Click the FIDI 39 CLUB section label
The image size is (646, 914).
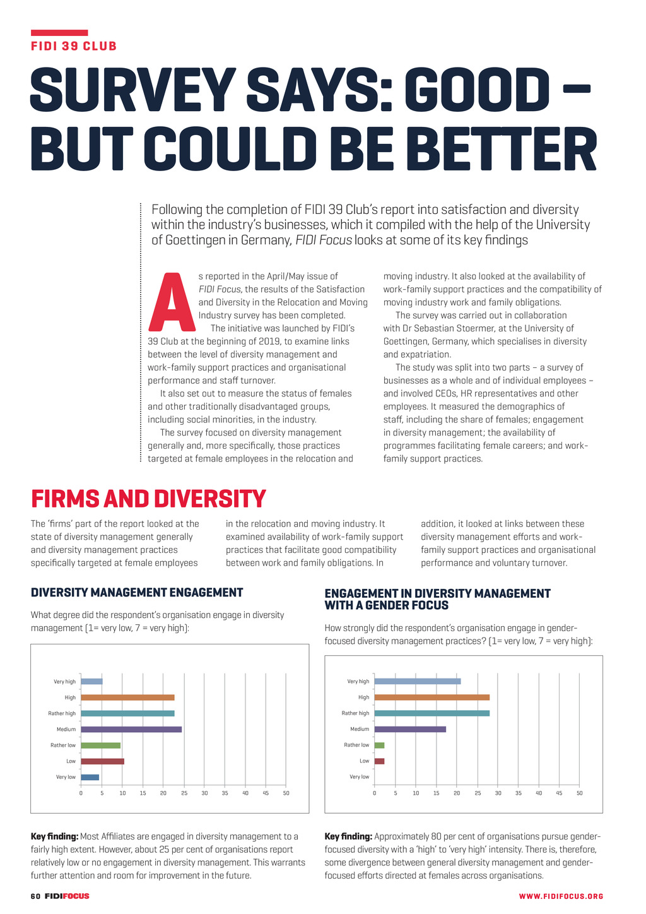(74, 46)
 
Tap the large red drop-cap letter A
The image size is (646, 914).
(170, 304)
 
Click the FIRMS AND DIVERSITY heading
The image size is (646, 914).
(148, 499)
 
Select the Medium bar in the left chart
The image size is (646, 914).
(131, 730)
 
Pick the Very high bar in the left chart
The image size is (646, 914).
(91, 682)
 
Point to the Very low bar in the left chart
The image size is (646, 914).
(90, 777)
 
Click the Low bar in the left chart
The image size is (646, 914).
(102, 761)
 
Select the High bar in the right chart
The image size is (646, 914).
(432, 697)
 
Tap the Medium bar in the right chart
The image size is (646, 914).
(410, 730)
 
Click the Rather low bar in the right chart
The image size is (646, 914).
(379, 745)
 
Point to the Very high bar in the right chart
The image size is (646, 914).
(418, 682)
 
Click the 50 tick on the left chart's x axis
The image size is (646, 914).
(286, 793)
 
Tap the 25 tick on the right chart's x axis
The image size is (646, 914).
(478, 793)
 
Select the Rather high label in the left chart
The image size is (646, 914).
(62, 714)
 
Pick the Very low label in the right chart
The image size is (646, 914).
(359, 777)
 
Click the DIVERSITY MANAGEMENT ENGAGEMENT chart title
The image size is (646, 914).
(137, 593)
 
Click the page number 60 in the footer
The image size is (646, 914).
(35, 896)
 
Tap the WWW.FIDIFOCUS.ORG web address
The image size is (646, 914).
(561, 896)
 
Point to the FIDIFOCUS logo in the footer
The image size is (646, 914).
(67, 896)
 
